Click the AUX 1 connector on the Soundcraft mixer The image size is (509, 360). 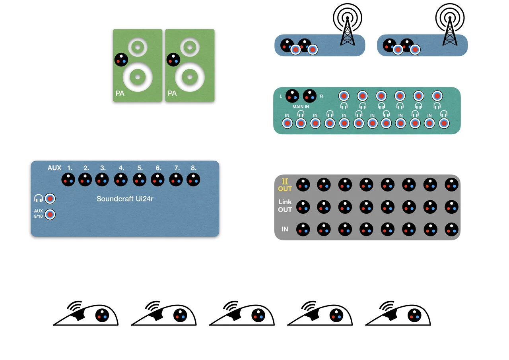68,180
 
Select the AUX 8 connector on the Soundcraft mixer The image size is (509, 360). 193,180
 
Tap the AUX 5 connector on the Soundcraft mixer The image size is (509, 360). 140,180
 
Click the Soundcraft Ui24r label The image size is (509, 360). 125,199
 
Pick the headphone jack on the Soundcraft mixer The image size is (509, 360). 50,198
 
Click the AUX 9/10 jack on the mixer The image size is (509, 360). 50,214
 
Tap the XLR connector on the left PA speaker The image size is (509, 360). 121,60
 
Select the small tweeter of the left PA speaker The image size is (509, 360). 137,48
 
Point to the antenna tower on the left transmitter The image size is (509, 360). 347,31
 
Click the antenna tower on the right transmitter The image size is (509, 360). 450,31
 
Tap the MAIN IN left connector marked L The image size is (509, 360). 292,95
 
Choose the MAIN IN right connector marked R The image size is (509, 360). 310,95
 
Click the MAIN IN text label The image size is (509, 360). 301,106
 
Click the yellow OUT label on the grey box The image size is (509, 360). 285,189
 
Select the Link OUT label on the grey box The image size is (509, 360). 285,206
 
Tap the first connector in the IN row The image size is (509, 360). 303,229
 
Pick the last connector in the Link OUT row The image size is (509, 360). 451,207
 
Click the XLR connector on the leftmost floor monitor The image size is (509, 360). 102,315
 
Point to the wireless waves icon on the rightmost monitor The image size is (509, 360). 386,306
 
